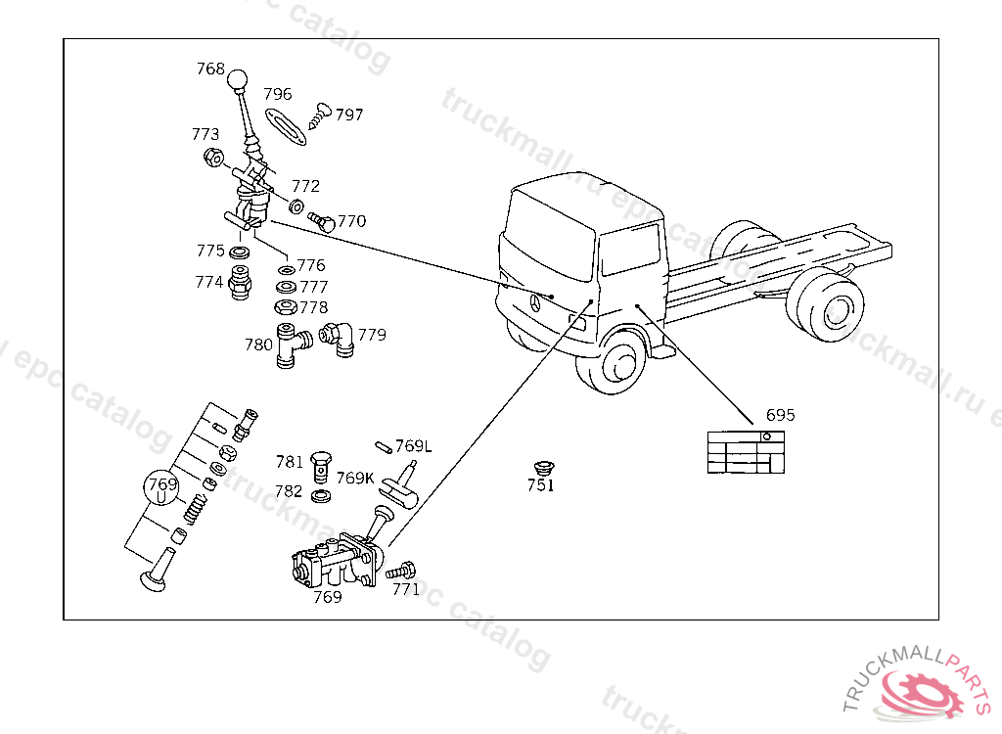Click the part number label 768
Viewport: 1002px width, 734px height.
click(x=210, y=69)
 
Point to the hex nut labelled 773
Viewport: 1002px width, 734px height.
click(x=212, y=157)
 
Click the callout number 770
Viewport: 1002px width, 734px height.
click(x=351, y=221)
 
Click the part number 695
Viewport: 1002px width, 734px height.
click(x=780, y=415)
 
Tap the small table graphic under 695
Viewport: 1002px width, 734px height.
click(x=747, y=452)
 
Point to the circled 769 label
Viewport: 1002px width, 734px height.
click(x=162, y=484)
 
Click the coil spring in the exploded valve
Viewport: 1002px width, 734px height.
click(x=197, y=508)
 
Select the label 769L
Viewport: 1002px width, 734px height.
click(x=413, y=447)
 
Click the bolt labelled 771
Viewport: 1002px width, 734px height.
click(x=401, y=570)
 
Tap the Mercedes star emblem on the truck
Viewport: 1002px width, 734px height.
click(x=537, y=305)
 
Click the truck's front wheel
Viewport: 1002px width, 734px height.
click(x=618, y=361)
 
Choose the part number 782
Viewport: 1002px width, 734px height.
click(x=289, y=491)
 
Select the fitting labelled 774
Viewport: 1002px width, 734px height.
click(x=239, y=284)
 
